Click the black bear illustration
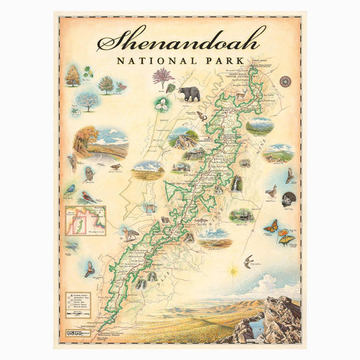(188, 94)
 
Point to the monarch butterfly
(270, 226)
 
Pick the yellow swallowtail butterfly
(286, 240)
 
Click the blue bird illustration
(69, 190)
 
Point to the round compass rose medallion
(285, 81)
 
